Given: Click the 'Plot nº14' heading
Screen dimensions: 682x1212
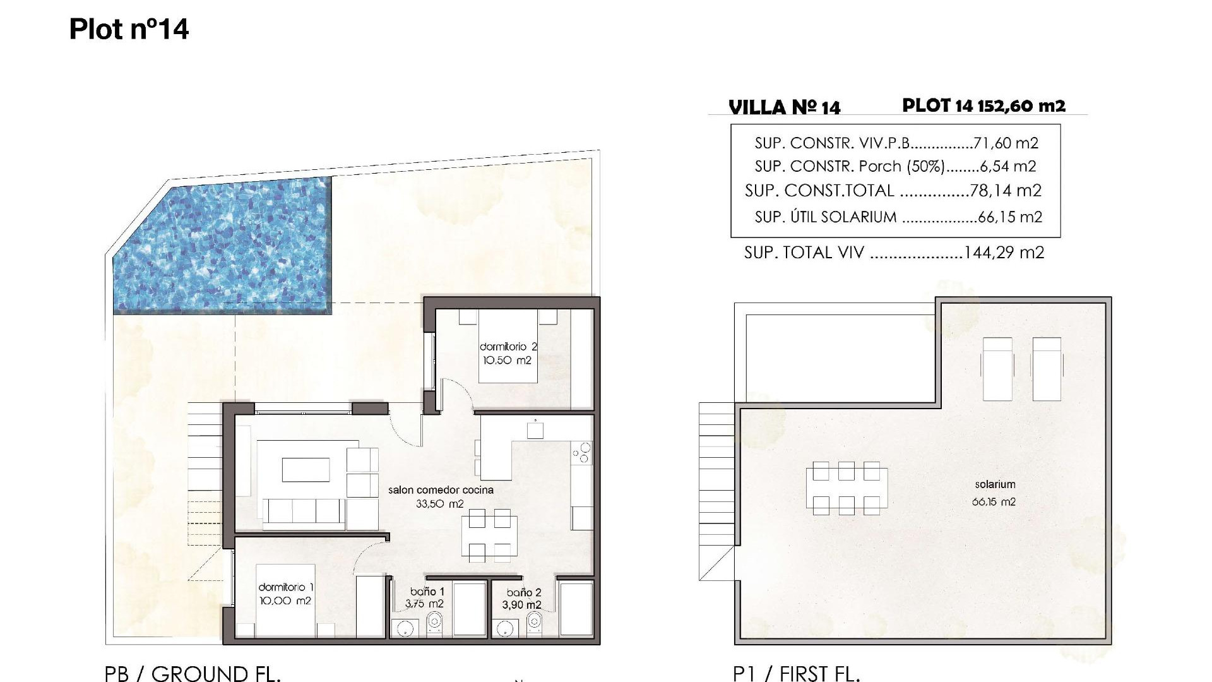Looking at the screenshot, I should (x=129, y=30).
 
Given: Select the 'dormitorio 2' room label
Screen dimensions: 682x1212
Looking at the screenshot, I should (x=508, y=347).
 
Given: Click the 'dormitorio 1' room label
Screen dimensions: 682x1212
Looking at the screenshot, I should (x=285, y=587).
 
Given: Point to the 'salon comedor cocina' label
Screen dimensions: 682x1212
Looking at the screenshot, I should (x=441, y=489).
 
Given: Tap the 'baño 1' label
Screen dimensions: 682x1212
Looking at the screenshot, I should (x=427, y=592).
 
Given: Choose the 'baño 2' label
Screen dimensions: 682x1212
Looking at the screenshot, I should (x=523, y=592).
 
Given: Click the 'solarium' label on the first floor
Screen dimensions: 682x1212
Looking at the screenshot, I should (x=995, y=484).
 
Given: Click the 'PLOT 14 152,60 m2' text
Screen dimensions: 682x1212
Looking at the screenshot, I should (x=983, y=105).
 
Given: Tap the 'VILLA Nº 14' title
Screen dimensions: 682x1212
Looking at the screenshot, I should (x=784, y=107).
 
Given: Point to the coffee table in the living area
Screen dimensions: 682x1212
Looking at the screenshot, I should (x=305, y=470).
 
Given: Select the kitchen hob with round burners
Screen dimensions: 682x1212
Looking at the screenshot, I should (x=581, y=453).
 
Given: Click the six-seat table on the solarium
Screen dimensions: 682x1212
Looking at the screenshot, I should (x=847, y=488).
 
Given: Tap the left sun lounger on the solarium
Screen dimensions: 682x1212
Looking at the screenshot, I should (x=997, y=368).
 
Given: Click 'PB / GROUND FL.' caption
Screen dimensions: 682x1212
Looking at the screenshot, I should (x=193, y=674).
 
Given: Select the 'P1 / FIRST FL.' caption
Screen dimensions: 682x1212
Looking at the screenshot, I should (x=797, y=674).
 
